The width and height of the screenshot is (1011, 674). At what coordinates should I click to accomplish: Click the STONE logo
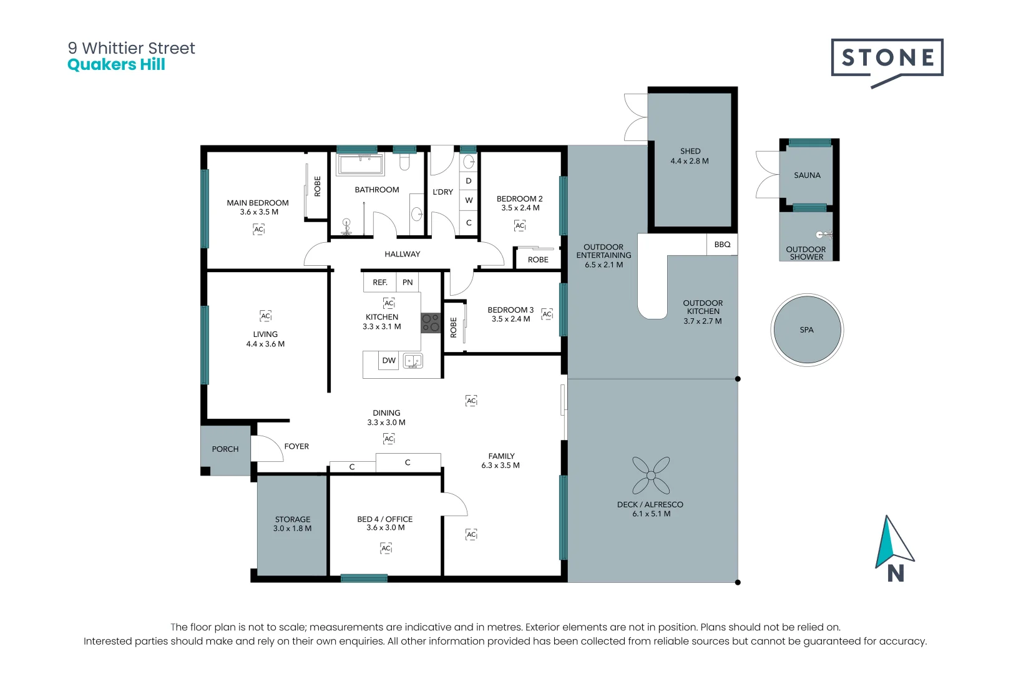coord(887,62)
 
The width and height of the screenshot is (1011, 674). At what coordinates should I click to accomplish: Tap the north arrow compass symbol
coord(894,549)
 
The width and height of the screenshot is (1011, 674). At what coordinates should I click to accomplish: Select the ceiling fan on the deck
coord(651,476)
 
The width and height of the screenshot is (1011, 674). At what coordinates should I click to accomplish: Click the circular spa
coord(807,330)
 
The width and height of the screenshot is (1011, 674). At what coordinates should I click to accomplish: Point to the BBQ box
coord(722,244)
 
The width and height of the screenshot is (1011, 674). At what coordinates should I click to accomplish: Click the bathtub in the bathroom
coord(360,164)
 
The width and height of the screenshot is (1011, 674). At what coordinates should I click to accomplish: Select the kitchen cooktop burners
coord(431,323)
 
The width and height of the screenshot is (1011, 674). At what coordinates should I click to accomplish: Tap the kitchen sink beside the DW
coord(413,361)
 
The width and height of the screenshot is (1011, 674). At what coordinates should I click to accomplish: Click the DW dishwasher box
coord(389,360)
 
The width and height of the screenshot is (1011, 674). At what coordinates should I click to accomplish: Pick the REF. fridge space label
coord(380,283)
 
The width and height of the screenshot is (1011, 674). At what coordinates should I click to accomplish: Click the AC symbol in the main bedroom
coord(258,229)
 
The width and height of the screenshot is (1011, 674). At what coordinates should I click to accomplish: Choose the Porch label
coord(225,449)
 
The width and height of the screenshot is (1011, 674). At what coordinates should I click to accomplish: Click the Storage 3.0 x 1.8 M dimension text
coord(293,529)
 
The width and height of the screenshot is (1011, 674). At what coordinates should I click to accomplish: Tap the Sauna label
coord(807,175)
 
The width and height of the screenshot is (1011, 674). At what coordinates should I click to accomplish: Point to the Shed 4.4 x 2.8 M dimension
coord(690,161)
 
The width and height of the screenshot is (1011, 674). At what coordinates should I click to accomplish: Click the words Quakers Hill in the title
coord(117,64)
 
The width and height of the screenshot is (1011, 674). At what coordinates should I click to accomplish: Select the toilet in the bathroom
coord(404,162)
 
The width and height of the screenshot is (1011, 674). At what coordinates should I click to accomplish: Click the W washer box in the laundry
coord(469,200)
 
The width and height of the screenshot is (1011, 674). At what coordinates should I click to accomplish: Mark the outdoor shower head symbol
coord(823,235)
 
